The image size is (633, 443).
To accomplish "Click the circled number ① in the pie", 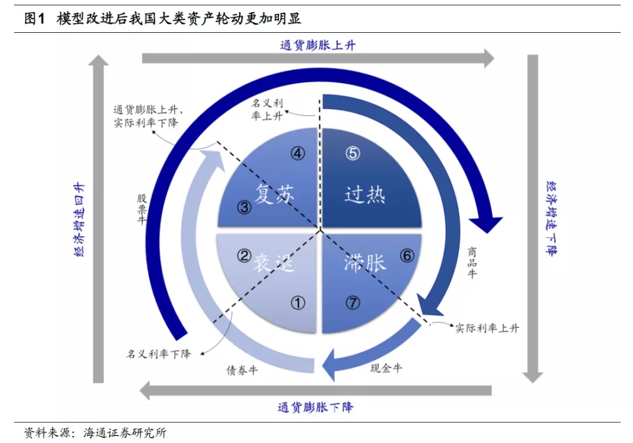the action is pyautogui.click(x=298, y=303).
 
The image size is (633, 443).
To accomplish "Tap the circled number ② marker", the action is pyautogui.click(x=244, y=255).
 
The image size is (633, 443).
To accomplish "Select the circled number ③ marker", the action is pyautogui.click(x=244, y=207).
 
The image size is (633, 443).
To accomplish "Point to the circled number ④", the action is pyautogui.click(x=298, y=154).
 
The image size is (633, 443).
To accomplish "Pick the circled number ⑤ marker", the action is pyautogui.click(x=352, y=154).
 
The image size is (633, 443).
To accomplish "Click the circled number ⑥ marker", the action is pyautogui.click(x=407, y=255).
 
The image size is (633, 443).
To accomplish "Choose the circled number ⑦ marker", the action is pyautogui.click(x=352, y=303).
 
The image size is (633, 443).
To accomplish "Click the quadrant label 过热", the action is pyautogui.click(x=365, y=195).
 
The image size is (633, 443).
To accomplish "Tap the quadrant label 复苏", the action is pyautogui.click(x=274, y=194).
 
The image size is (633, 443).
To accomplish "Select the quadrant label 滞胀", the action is pyautogui.click(x=365, y=263).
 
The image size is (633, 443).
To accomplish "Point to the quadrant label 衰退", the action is pyautogui.click(x=273, y=263).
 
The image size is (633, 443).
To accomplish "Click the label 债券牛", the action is pyautogui.click(x=242, y=370).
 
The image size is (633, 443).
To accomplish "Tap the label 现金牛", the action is pyautogui.click(x=386, y=368).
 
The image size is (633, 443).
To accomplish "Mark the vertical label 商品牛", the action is pyautogui.click(x=472, y=263).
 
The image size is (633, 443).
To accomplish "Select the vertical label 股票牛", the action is pyautogui.click(x=142, y=209).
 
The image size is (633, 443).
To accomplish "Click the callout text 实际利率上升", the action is pyautogui.click(x=487, y=328).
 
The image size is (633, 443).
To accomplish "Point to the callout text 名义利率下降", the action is pyautogui.click(x=159, y=354).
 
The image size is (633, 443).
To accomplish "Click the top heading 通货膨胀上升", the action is pyautogui.click(x=318, y=45).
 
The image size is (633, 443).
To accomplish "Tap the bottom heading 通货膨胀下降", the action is pyautogui.click(x=315, y=407).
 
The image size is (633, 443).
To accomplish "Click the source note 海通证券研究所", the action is pyautogui.click(x=125, y=433).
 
